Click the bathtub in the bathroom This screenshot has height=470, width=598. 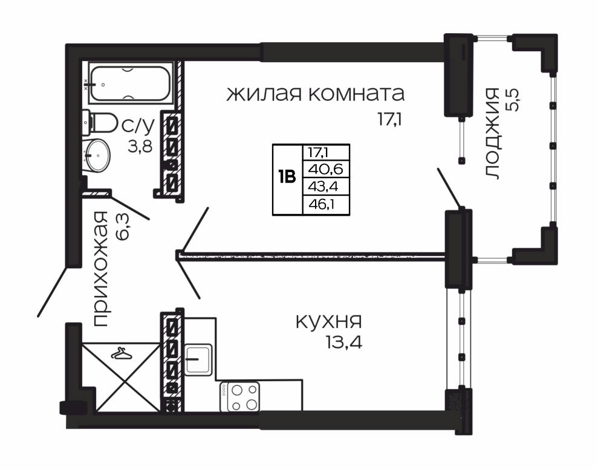pyautogui.click(x=131, y=83)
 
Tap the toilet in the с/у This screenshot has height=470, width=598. pyautogui.click(x=100, y=123)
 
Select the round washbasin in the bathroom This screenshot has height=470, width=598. pyautogui.click(x=97, y=155)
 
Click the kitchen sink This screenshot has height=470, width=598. pyautogui.click(x=198, y=359)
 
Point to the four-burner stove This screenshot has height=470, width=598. pyautogui.click(x=240, y=397)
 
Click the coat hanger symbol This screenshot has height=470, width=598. pyautogui.click(x=122, y=354)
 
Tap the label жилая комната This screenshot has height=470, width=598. pyautogui.click(x=316, y=94)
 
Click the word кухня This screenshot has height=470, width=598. pyautogui.click(x=329, y=322)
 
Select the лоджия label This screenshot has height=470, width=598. pyautogui.click(x=493, y=134)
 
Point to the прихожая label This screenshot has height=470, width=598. pyautogui.click(x=101, y=269)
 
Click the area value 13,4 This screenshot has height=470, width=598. pyautogui.click(x=344, y=343)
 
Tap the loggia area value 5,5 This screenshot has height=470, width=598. pyautogui.click(x=513, y=100)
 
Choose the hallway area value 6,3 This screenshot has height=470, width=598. pyautogui.click(x=123, y=227)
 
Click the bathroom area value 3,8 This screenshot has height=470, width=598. pyautogui.click(x=140, y=146)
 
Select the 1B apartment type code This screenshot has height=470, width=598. pyautogui.click(x=287, y=177)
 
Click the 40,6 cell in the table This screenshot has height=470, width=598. pyautogui.click(x=326, y=169)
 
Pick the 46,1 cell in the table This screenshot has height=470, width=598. pyautogui.click(x=322, y=205)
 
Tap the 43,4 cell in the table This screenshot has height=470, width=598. pyautogui.click(x=323, y=187)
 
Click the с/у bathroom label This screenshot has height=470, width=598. pyautogui.click(x=138, y=124)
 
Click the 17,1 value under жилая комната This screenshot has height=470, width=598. pyautogui.click(x=390, y=120)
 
